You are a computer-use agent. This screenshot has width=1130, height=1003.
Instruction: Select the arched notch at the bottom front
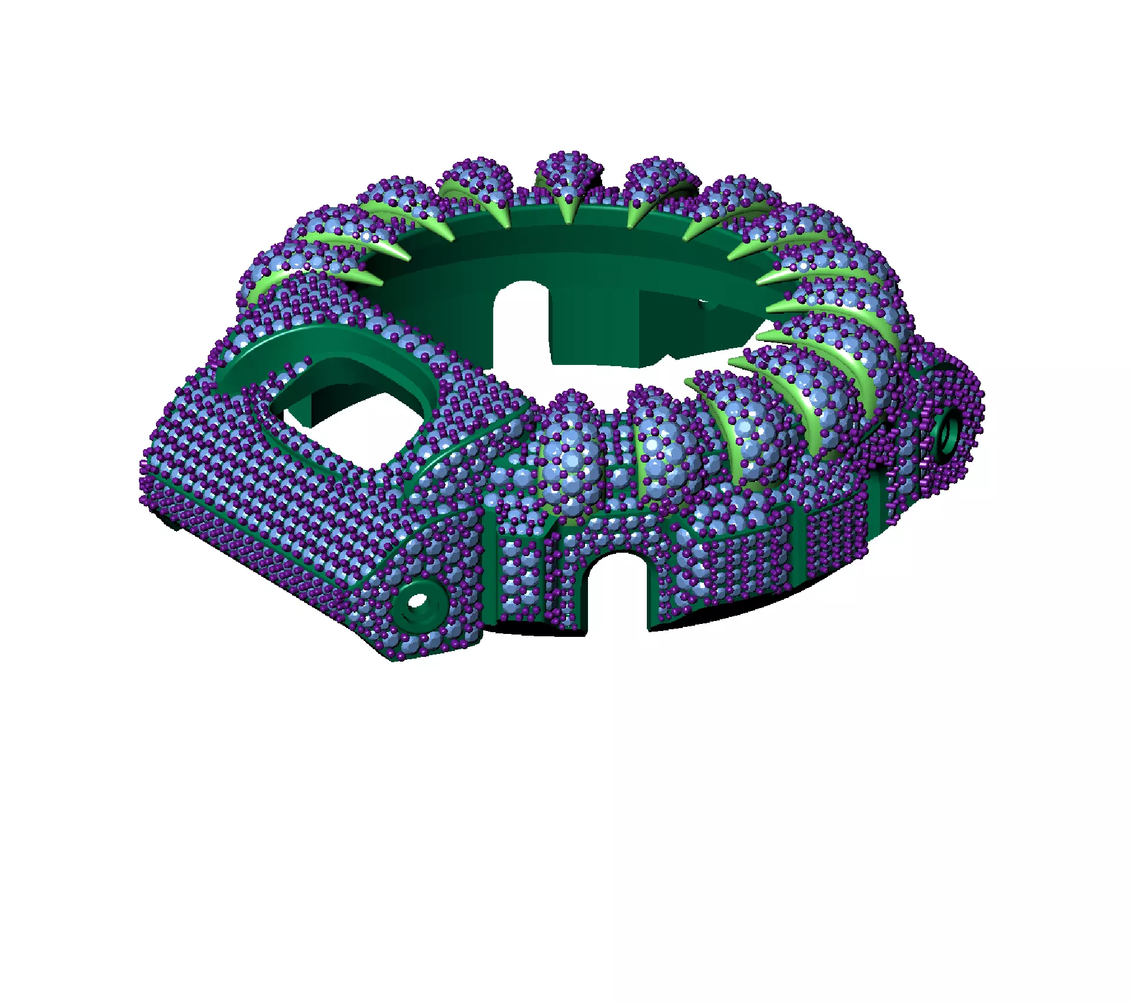617,589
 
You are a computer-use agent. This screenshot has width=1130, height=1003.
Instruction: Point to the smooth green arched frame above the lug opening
330,347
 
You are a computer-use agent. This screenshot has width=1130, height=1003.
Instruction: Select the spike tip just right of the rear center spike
630,227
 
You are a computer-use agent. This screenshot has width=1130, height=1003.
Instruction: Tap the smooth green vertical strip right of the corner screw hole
490,565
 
